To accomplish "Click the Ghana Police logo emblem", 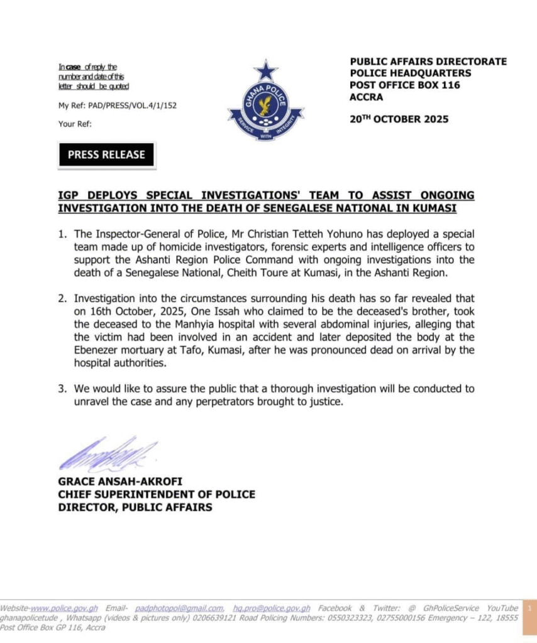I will pos(266,101).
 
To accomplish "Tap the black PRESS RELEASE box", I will pos(106,154).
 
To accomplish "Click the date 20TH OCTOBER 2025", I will pos(399,119).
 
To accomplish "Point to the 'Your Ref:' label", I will pos(75,124).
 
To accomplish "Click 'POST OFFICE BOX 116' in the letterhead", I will pos(405,85).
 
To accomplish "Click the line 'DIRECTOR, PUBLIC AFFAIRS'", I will pos(135,507).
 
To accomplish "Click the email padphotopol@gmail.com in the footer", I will pos(179,608).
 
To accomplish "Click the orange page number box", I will pos(529,609).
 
